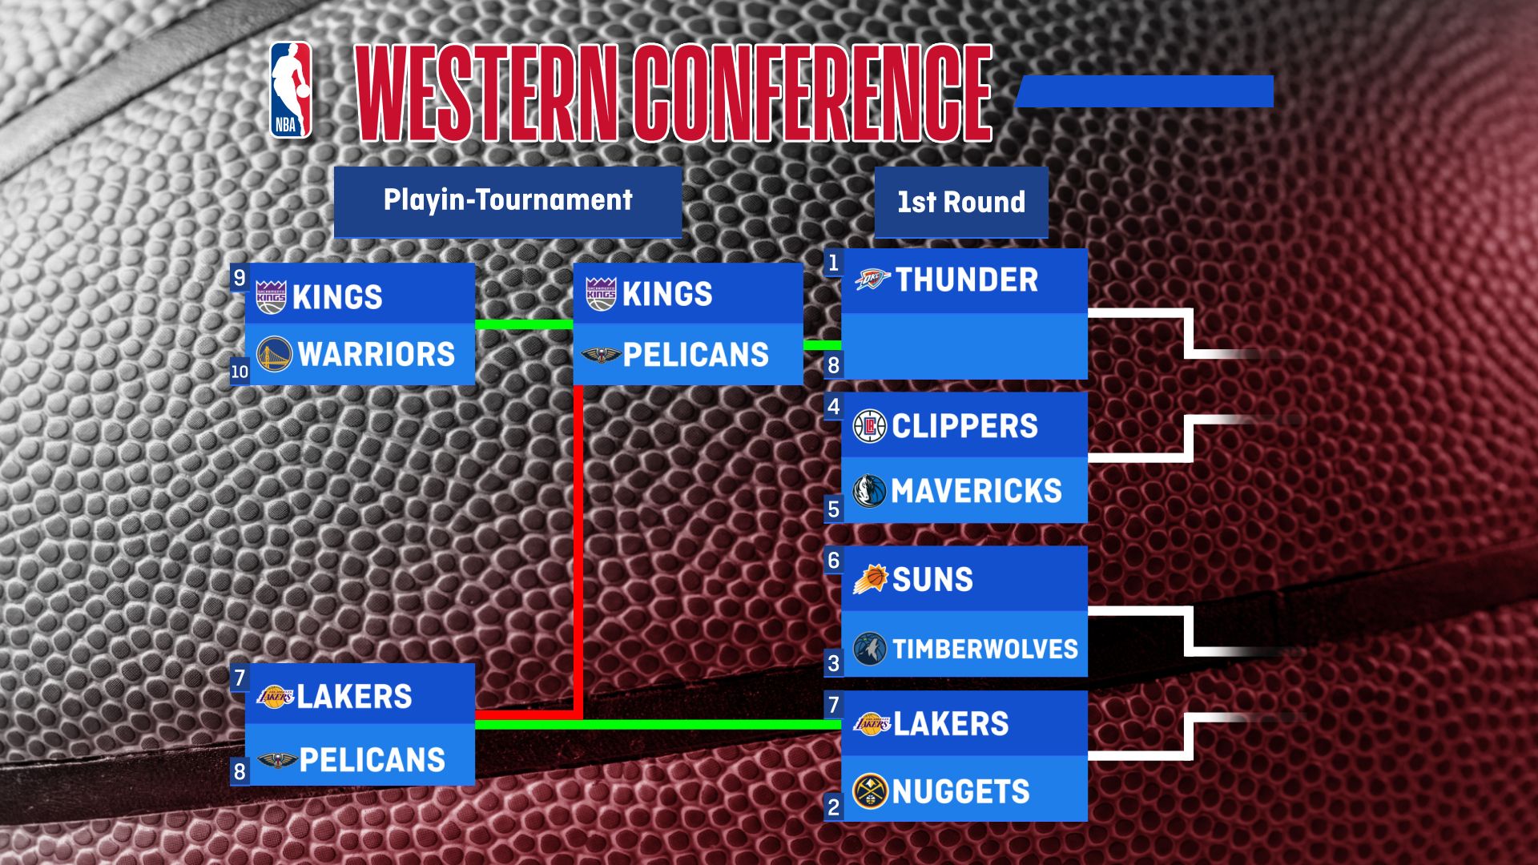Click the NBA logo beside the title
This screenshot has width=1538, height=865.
coord(290,90)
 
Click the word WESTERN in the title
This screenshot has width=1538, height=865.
coord(486,93)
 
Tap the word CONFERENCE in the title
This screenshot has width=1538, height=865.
coord(812,93)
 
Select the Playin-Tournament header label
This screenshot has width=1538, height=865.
coord(508,200)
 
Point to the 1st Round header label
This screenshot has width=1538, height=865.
coord(960,202)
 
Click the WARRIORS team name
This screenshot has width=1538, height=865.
coord(376,354)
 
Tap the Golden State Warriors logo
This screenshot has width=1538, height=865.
coord(274,354)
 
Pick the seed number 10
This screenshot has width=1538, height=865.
coord(240,372)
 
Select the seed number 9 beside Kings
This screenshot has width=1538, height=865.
coord(239,278)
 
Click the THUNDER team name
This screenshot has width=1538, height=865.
coord(966,280)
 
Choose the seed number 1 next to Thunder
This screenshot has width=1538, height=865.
coord(833,263)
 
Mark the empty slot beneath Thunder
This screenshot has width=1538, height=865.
coord(964,346)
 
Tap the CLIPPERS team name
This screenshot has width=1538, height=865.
coord(964,426)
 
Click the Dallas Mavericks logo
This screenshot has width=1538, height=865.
coord(869,490)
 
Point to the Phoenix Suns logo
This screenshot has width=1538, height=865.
coord(871,578)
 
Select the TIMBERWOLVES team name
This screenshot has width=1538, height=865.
coord(985,649)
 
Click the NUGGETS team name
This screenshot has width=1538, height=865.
coord(960,791)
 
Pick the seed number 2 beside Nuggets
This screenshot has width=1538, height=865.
coord(833,807)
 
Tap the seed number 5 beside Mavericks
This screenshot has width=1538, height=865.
coord(833,509)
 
